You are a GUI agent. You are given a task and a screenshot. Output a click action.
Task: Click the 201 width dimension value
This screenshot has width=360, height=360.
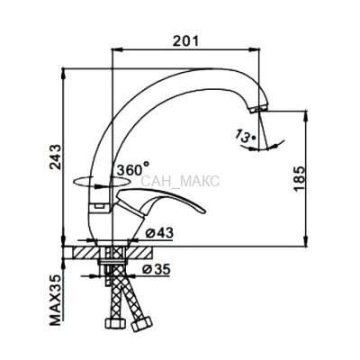coord(185,40)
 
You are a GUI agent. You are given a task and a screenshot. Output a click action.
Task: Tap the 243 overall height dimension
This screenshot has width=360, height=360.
coord(55,157)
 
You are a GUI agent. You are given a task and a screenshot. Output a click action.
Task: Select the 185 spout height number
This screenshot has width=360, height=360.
coord(299,178)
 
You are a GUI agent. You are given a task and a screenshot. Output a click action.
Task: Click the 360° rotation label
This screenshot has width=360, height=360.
coord(133,169)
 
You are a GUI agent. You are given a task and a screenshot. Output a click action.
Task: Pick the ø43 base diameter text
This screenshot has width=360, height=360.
coord(159,233)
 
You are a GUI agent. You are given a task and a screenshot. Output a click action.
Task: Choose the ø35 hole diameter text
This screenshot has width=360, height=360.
coord(157,269)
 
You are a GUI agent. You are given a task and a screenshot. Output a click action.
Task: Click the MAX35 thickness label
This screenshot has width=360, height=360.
coord(55,300)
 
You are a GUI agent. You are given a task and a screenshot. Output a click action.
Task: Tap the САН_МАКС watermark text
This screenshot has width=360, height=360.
coord(180,181)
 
